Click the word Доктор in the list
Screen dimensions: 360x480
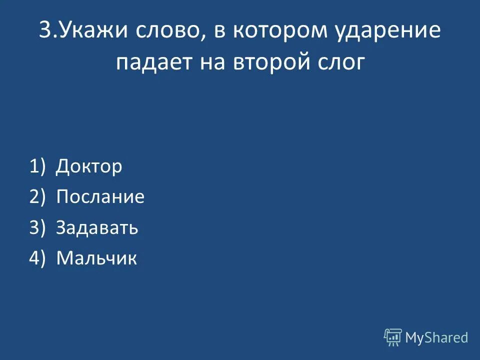click(89, 166)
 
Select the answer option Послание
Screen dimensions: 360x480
click(100, 197)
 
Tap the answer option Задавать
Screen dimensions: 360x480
click(97, 227)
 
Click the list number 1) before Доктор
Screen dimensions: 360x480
click(37, 166)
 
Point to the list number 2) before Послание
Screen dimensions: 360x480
click(37, 197)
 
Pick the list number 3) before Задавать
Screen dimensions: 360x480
click(37, 227)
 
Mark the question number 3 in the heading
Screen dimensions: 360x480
click(45, 31)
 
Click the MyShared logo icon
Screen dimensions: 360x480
click(393, 337)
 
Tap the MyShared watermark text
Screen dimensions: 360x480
click(436, 338)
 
